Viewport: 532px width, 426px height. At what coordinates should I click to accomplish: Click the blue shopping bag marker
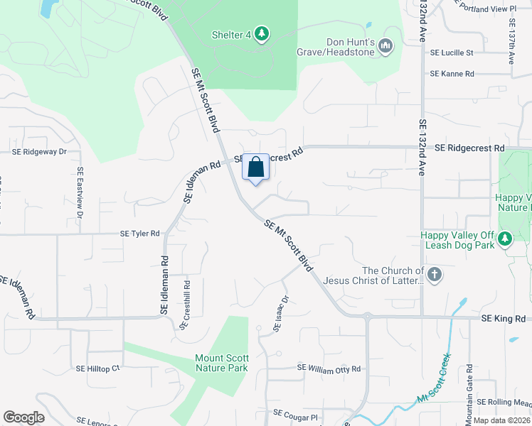pyautogui.click(x=256, y=168)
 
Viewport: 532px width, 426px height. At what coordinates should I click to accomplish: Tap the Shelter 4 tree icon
pyautogui.click(x=262, y=33)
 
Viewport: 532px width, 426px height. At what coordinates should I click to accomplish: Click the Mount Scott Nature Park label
pyautogui.click(x=222, y=363)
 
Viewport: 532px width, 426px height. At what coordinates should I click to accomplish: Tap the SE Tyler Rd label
pyautogui.click(x=140, y=233)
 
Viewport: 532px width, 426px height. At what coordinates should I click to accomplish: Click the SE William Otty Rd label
pyautogui.click(x=329, y=368)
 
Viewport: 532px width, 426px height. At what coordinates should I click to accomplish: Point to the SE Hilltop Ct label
pyautogui.click(x=98, y=368)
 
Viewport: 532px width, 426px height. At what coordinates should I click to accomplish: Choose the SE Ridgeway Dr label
pyautogui.click(x=39, y=151)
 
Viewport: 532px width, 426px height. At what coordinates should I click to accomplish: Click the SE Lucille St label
pyautogui.click(x=452, y=53)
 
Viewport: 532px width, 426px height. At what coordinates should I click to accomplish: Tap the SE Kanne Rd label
pyautogui.click(x=452, y=74)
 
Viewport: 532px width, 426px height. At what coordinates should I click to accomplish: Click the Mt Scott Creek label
pyautogui.click(x=434, y=388)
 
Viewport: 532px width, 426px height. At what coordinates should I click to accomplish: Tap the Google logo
pyautogui.click(x=24, y=417)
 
